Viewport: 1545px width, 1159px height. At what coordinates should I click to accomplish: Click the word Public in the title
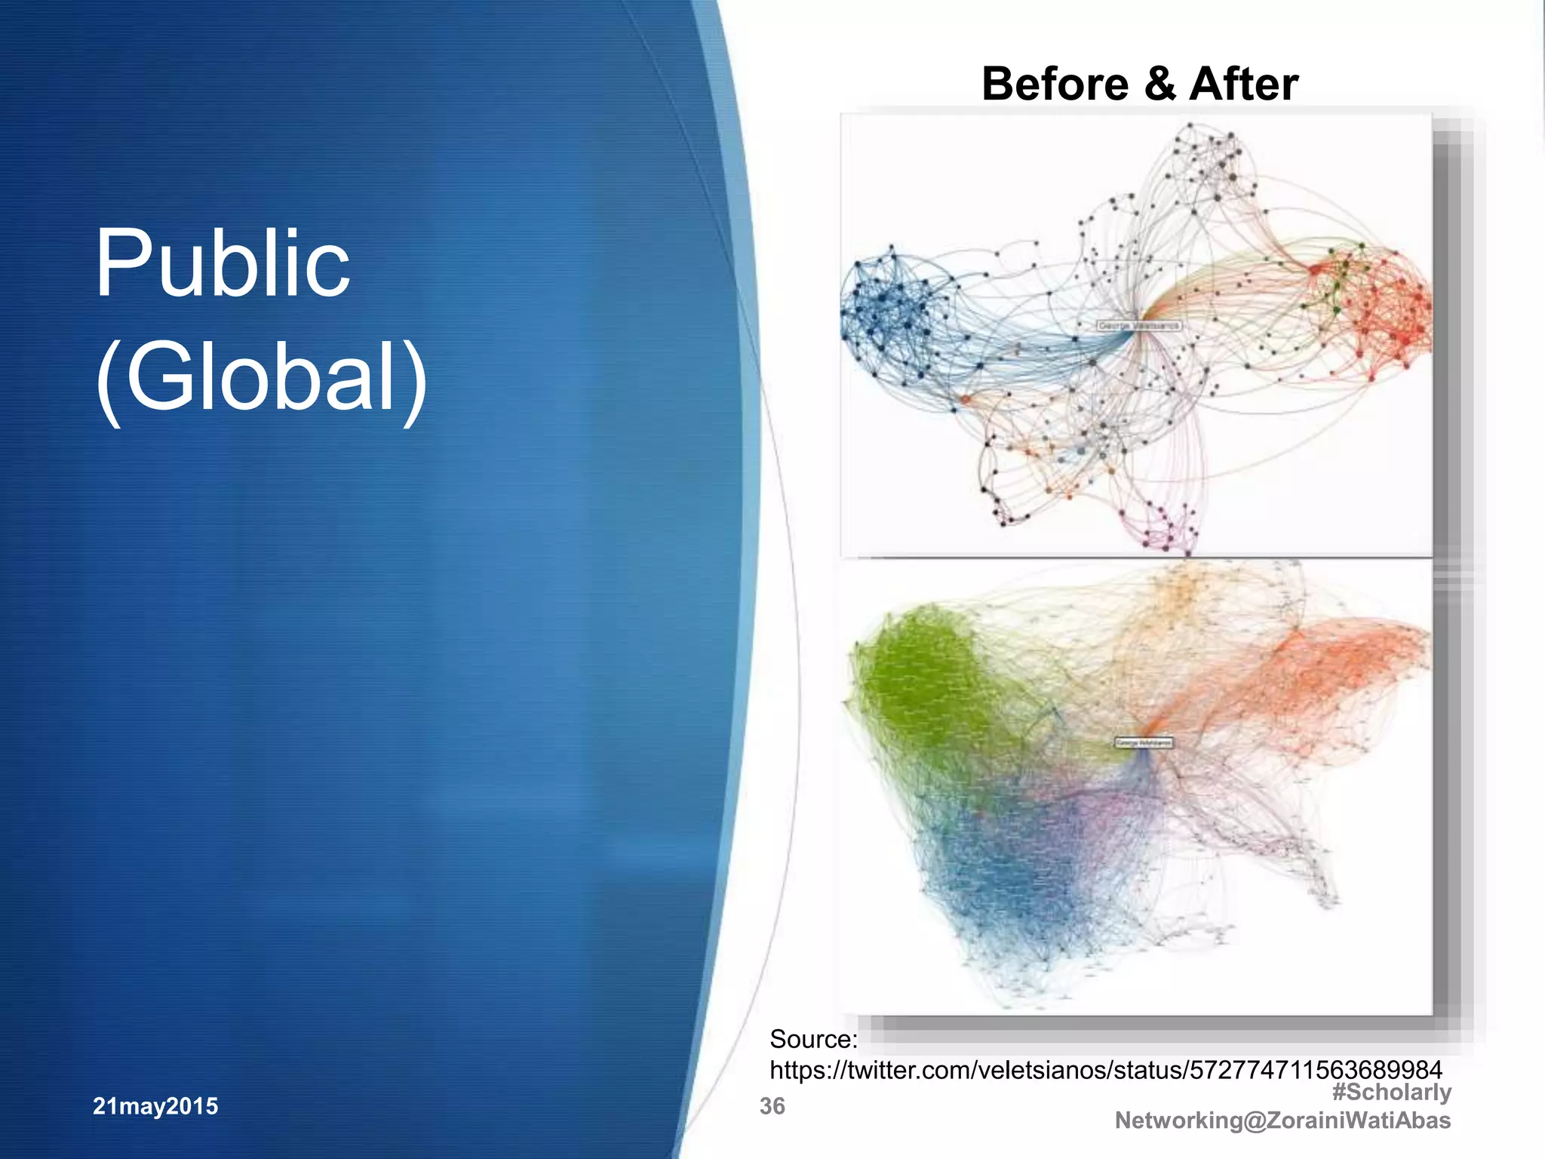coord(223,265)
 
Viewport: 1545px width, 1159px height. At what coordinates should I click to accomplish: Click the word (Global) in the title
coord(261,377)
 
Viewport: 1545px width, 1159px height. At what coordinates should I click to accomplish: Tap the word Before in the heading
coord(1055,84)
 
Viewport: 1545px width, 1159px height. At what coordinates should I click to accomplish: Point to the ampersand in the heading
coord(1160,84)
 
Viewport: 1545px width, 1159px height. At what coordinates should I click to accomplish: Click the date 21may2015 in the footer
coord(155,1106)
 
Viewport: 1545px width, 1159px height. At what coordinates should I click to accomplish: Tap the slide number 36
coord(772,1106)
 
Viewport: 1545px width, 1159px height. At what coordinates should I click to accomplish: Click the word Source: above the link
coord(813,1040)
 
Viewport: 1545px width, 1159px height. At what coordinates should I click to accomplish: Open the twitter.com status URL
coord(1105,1070)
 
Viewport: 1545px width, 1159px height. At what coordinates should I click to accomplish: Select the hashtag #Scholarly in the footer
coord(1391,1092)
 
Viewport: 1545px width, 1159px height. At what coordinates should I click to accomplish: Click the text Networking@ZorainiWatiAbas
coord(1282,1121)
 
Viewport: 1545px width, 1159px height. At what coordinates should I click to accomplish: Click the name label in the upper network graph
coord(1139,325)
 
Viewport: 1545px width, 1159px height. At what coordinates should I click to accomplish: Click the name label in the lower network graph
coord(1144,742)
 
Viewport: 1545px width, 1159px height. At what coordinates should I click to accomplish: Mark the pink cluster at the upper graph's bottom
coord(1166,528)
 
